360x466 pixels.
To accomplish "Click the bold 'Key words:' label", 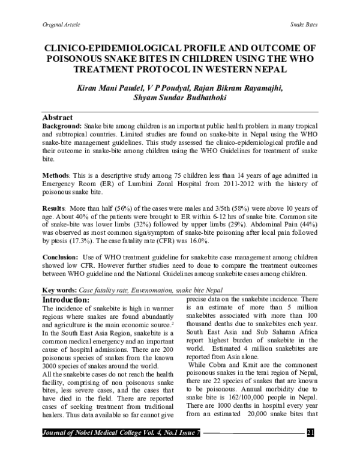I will [61, 289].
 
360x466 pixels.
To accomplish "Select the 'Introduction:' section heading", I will [66, 299].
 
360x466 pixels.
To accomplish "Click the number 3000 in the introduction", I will [51, 365].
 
